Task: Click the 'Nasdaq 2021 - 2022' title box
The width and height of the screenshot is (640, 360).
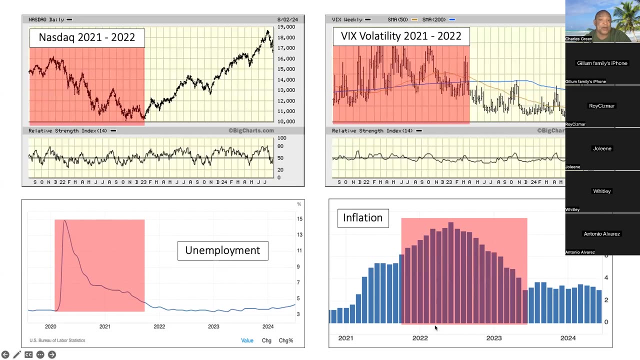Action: click(87, 37)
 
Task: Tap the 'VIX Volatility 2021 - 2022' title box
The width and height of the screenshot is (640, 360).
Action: click(401, 36)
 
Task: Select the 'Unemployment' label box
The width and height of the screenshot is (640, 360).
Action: click(222, 250)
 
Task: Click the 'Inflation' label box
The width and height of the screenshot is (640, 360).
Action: click(363, 218)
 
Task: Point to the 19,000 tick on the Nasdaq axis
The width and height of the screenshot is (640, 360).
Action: click(286, 27)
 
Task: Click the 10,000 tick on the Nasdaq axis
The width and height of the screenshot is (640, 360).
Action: click(286, 121)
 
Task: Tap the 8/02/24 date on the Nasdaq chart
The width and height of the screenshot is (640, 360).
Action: click(287, 19)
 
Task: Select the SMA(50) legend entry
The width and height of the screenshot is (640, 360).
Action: click(399, 19)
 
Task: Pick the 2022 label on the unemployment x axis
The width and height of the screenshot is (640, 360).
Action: click(159, 326)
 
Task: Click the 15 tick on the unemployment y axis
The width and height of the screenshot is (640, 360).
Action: click(299, 219)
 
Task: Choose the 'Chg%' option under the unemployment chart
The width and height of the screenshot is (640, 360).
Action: click(285, 340)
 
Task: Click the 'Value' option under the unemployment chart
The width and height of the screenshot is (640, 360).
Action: click(247, 340)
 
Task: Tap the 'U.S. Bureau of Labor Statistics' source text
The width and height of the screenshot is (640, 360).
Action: click(57, 340)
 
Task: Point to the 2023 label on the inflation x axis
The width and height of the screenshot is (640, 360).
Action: click(494, 338)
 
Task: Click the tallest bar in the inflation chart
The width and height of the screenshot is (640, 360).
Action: click(451, 272)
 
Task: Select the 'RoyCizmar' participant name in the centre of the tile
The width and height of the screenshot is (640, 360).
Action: click(602, 106)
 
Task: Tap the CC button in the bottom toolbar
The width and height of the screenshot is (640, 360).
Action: click(28, 354)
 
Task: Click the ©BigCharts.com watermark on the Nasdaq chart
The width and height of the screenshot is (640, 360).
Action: click(251, 130)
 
